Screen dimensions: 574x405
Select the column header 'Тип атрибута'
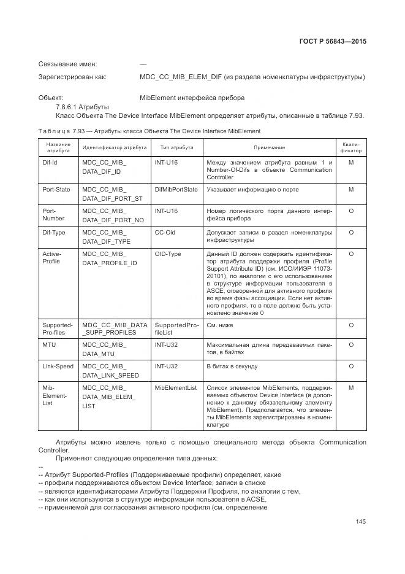pos(177,148)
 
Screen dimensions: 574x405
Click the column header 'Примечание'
pos(270,148)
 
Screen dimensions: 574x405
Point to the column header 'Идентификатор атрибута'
pos(115,148)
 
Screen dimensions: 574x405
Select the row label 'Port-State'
pos(56,190)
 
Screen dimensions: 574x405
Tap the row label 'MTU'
pos(49,345)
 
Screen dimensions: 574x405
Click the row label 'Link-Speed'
pos(58,367)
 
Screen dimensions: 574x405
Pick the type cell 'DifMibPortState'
pos(176,190)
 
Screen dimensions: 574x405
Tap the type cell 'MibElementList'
pos(176,388)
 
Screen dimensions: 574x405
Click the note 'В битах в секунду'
pos(232,367)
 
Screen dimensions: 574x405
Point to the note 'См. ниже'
pos(220,325)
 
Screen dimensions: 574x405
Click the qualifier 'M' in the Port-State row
pos(351,190)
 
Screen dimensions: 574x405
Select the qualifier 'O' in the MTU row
pos(351,345)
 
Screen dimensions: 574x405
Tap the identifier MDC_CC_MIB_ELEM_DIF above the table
pos(181,77)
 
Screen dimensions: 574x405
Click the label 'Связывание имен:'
pos(68,64)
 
